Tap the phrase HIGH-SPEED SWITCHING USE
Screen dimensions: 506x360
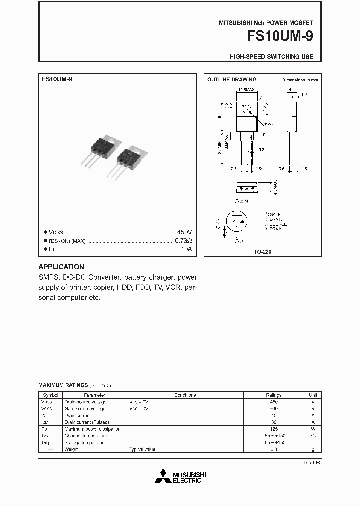click(x=271, y=57)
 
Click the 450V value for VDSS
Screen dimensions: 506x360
click(x=184, y=232)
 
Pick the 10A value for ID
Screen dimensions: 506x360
click(x=186, y=249)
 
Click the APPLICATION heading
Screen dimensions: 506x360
click(x=61, y=267)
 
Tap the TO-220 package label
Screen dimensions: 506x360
click(x=262, y=252)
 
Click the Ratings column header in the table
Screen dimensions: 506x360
click(x=273, y=395)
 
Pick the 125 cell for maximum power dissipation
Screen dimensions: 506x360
click(x=273, y=429)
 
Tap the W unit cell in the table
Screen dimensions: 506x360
click(x=313, y=429)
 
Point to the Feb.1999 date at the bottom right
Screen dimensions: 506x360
click(x=312, y=463)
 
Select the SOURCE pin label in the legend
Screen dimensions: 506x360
click(x=278, y=224)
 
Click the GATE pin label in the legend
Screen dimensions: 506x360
click(x=275, y=214)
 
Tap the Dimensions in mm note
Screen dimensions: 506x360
click(x=300, y=80)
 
